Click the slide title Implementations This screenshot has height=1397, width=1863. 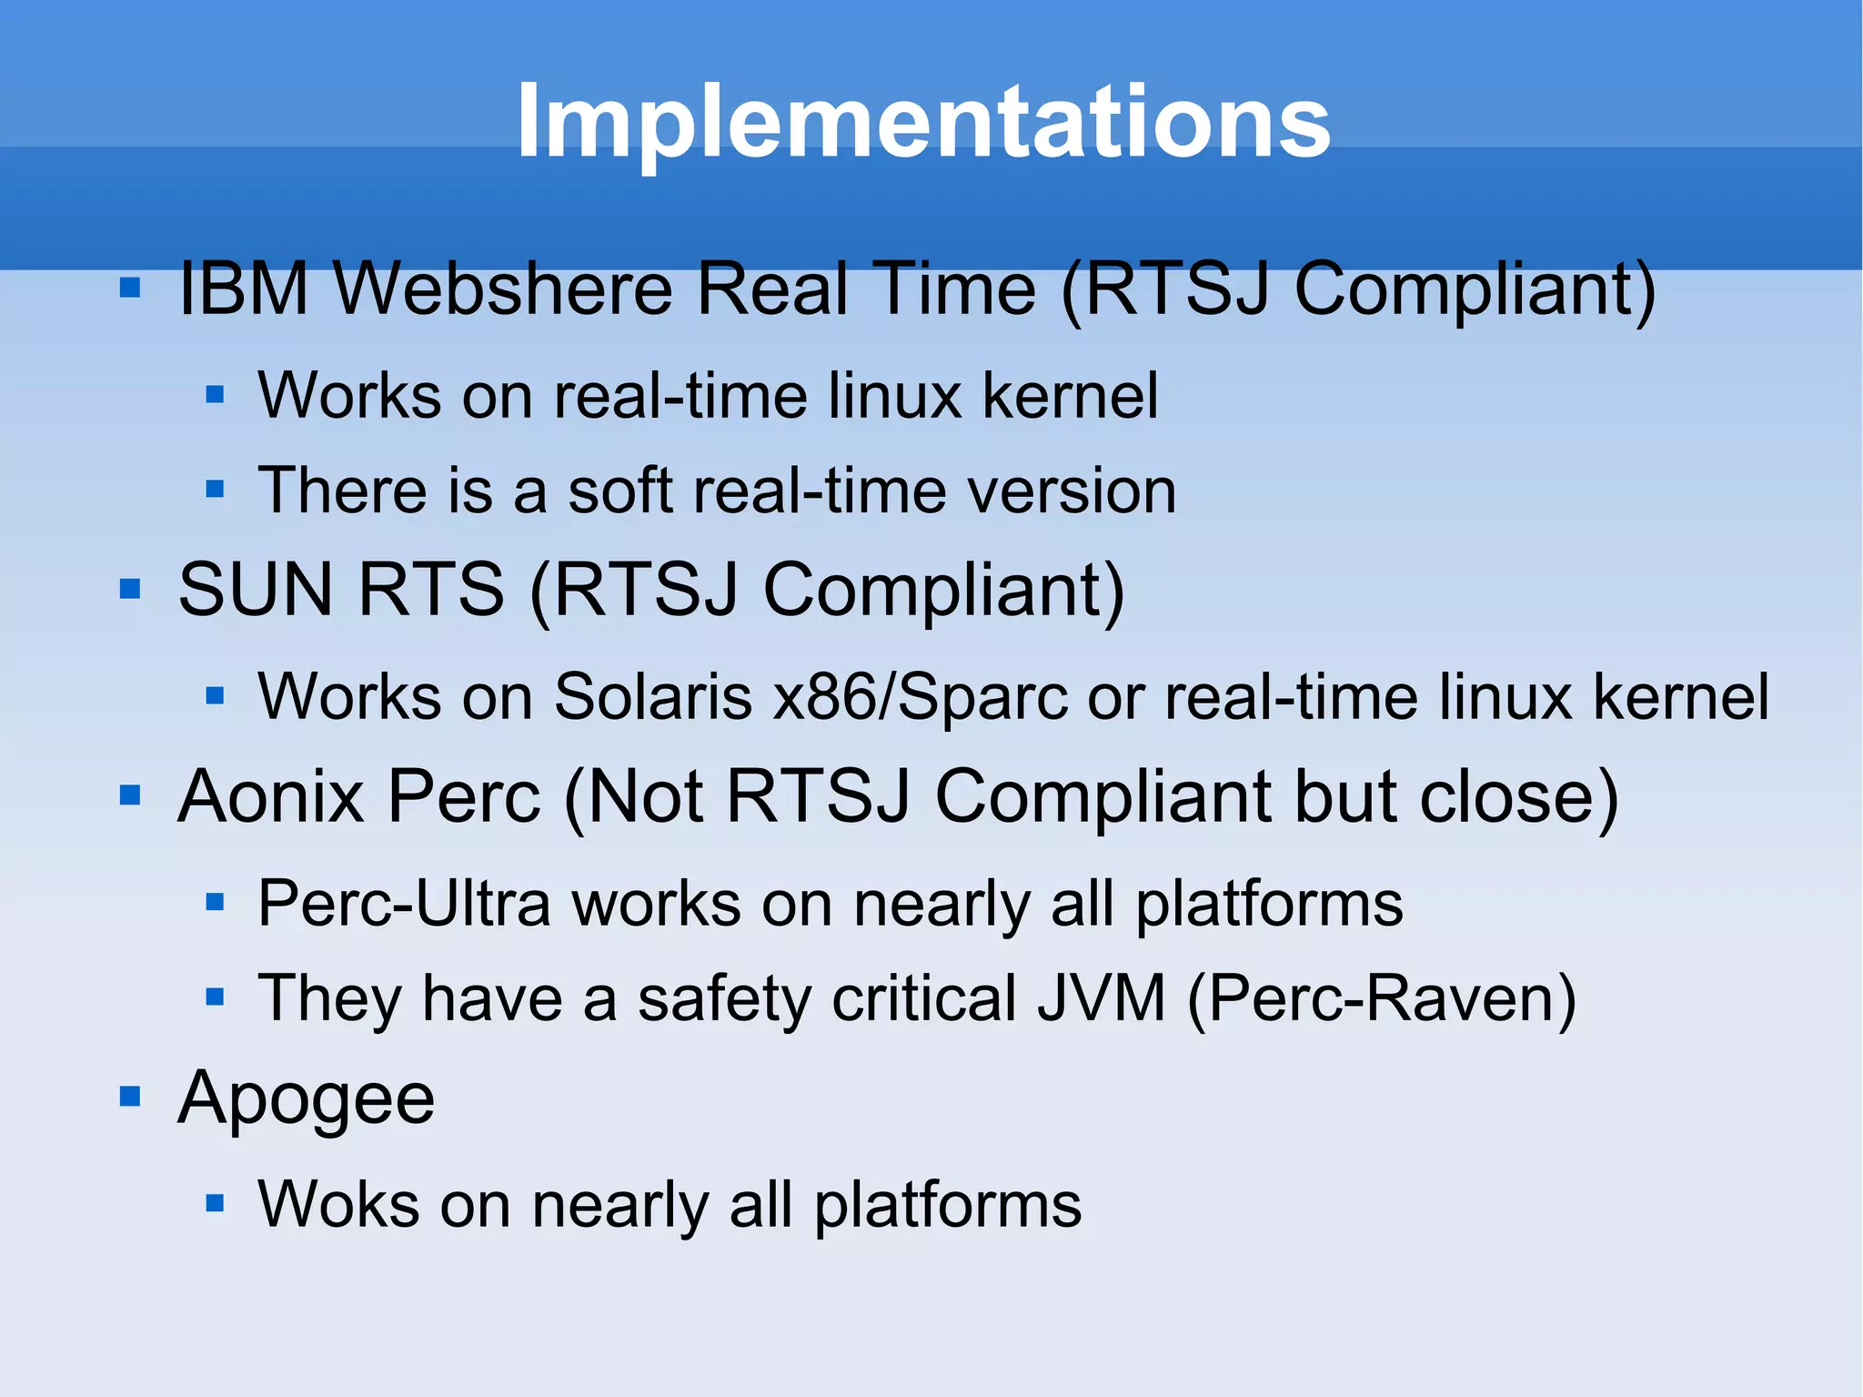(x=922, y=121)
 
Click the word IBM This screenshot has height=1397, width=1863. (x=243, y=289)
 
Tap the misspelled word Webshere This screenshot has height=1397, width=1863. (x=502, y=289)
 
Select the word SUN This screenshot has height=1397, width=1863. (x=256, y=589)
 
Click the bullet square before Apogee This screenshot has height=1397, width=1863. (x=130, y=1096)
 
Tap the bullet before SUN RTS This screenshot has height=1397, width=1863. (x=130, y=589)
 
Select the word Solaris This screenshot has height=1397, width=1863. (x=653, y=697)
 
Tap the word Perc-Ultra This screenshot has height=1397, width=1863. (x=404, y=904)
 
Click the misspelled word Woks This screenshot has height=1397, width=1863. (x=338, y=1205)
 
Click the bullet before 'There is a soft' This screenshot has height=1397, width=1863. (x=215, y=490)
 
